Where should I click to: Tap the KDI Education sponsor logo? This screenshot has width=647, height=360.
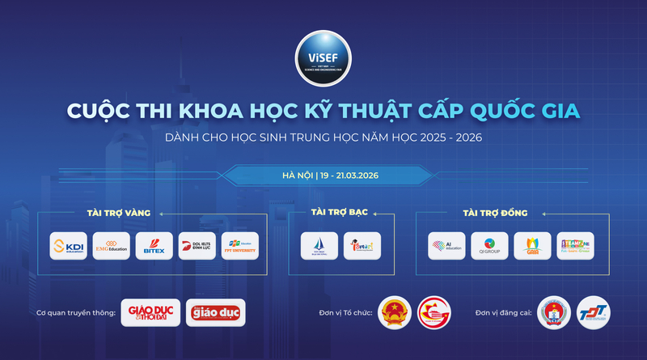click(x=69, y=246)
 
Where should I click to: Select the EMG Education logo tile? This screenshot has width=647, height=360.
click(x=111, y=246)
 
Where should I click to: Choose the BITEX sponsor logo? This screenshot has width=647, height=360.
click(x=154, y=246)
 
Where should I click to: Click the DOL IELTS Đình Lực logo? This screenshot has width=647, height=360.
click(x=197, y=246)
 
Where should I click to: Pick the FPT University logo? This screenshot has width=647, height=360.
click(x=239, y=246)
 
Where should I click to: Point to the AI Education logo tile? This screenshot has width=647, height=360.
click(x=447, y=246)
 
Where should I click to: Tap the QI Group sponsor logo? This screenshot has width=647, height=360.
click(x=489, y=246)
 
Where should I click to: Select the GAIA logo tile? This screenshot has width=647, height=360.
click(x=532, y=246)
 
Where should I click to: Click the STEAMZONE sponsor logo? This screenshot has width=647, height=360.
click(x=575, y=246)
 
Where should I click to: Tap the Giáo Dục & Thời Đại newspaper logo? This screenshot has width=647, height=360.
click(x=150, y=313)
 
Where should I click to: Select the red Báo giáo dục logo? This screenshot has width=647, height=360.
click(x=214, y=313)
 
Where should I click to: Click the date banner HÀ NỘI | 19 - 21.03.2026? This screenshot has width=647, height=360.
click(x=323, y=175)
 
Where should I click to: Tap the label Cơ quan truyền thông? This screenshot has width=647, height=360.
click(x=77, y=313)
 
